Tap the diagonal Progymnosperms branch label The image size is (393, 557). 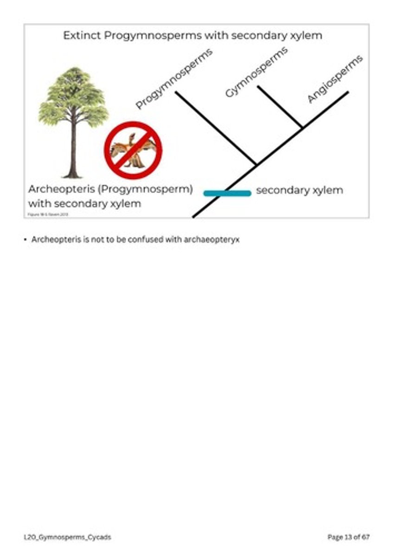tap(174, 78)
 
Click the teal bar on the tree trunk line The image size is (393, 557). tap(227, 193)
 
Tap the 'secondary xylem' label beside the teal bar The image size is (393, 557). tap(299, 190)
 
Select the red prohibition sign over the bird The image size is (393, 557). tap(133, 150)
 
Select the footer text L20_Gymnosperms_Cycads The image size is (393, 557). tap(67, 537)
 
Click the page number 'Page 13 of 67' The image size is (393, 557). tap(348, 537)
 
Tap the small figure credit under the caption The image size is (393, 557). tap(48, 214)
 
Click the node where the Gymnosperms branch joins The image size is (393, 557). tap(303, 127)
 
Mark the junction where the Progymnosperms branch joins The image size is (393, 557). tap(257, 164)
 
